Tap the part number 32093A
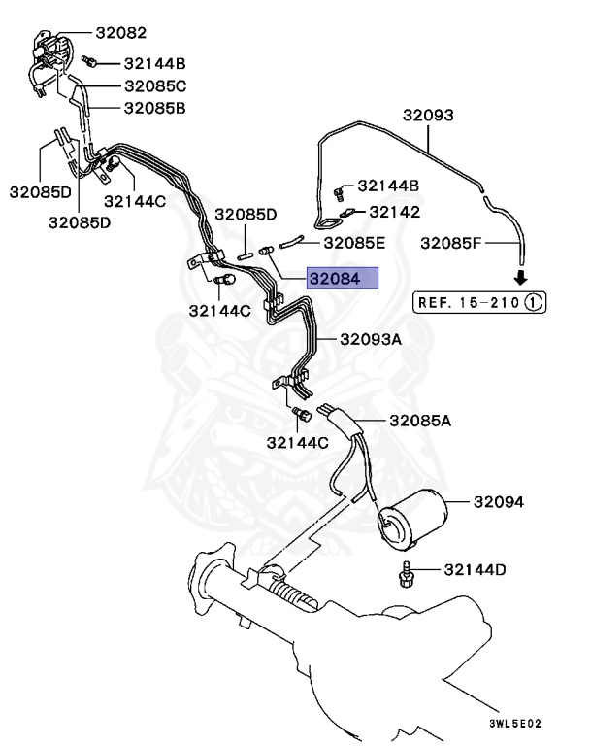point(370,340)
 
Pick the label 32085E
point(354,243)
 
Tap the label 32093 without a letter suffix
point(429,116)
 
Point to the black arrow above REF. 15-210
point(521,279)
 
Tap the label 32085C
point(155,85)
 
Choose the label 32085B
point(155,108)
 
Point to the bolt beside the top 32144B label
point(87,60)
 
